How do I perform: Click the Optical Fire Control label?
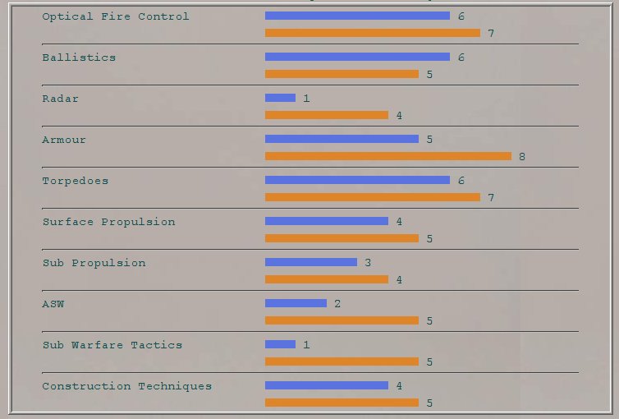[115, 16]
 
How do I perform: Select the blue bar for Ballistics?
[357, 57]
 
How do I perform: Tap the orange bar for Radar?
[326, 115]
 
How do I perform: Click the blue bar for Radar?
[280, 98]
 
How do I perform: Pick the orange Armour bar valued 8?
[387, 156]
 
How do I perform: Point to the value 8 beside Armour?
[522, 157]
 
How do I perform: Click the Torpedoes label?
[75, 181]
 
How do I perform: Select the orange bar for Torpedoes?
[372, 197]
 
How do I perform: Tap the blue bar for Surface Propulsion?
[326, 221]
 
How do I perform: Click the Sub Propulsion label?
[94, 263]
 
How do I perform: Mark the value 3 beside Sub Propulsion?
[368, 263]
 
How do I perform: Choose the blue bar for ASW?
[296, 303]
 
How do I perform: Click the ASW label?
[53, 304]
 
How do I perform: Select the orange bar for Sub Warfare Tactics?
[342, 361]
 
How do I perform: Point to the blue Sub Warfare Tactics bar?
[280, 344]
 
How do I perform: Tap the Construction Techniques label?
[126, 386]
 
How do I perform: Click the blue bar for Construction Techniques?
[326, 385]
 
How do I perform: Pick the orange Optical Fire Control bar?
[372, 33]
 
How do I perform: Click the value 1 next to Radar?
[306, 99]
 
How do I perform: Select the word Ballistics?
[79, 58]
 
